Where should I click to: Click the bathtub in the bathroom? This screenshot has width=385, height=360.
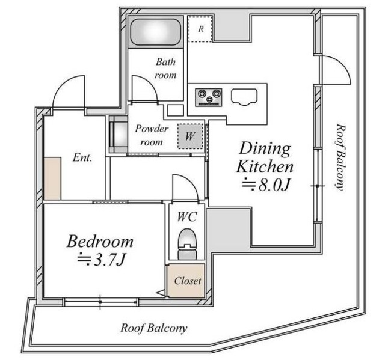click(x=155, y=32)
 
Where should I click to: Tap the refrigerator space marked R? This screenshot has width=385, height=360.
click(x=200, y=29)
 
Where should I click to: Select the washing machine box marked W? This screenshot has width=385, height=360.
click(x=191, y=136)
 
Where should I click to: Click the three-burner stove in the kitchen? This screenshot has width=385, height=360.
click(x=209, y=97)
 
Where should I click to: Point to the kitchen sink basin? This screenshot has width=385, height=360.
click(x=244, y=97)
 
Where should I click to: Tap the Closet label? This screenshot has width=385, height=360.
click(x=187, y=281)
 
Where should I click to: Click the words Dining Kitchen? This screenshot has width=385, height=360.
click(x=265, y=157)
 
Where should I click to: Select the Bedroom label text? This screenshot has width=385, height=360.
click(x=100, y=242)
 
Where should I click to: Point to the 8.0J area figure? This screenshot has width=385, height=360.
click(x=266, y=185)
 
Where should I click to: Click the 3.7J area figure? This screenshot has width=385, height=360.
click(x=102, y=260)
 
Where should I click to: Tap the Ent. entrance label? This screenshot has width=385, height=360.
click(x=82, y=157)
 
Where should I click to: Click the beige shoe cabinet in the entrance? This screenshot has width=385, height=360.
click(x=52, y=178)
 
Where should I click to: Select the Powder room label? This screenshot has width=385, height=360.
click(x=152, y=135)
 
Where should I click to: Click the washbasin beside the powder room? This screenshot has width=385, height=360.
click(x=119, y=134)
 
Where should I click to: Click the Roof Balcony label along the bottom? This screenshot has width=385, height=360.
click(x=154, y=328)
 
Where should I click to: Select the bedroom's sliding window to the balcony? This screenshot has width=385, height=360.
click(x=100, y=302)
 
